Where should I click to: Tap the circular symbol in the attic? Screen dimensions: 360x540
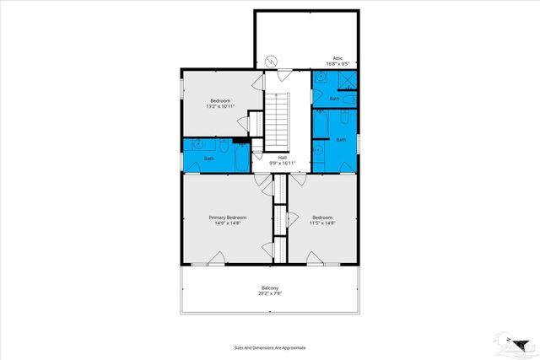272,61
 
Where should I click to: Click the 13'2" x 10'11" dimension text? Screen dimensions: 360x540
219,106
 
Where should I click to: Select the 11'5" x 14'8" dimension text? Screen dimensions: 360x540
321,223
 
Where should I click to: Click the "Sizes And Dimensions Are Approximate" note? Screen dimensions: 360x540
270,347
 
